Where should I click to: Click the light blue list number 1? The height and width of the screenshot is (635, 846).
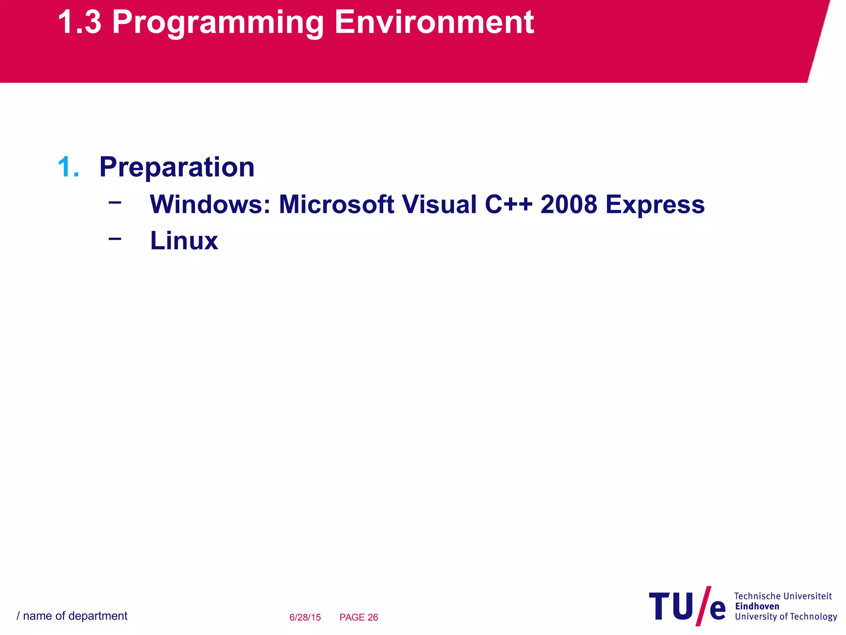[x=68, y=167]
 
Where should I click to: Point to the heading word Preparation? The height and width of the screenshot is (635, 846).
[x=177, y=167]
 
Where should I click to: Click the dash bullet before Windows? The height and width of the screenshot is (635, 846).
[x=115, y=203]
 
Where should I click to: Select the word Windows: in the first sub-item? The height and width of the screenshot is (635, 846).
[x=210, y=204]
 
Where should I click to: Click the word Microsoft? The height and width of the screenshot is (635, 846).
[x=336, y=204]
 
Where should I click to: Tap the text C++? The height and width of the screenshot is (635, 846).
[x=509, y=204]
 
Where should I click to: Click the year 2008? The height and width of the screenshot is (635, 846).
[x=568, y=204]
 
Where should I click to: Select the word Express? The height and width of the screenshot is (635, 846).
[x=655, y=205]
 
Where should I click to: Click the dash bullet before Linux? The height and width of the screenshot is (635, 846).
[x=115, y=239]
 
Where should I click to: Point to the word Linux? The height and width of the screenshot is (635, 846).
[x=184, y=241]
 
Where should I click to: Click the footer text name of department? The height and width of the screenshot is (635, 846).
[x=75, y=616]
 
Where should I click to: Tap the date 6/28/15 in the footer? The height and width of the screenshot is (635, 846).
[x=305, y=617]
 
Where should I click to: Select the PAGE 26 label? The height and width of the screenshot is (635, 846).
[x=359, y=617]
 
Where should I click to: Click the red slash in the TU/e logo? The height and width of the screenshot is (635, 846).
[x=703, y=606]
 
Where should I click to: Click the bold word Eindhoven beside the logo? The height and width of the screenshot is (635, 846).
[x=757, y=606]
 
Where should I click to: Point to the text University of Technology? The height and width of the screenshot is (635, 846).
[x=786, y=617]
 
